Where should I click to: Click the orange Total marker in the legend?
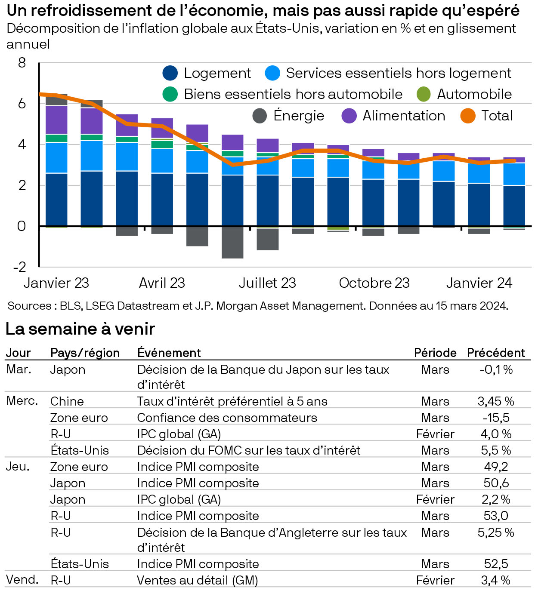point(468,116)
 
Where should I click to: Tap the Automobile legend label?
point(474,94)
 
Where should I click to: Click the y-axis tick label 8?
point(22,63)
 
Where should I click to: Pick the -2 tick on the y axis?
point(20,267)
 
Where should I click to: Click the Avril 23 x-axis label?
point(162,283)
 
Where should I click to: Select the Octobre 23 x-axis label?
point(374,283)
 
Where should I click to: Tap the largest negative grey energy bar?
point(232,243)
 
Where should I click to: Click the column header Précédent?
point(496,353)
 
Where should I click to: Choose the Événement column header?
point(169,353)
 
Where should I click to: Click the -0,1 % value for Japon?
point(496,370)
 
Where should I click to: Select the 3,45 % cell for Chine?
point(496,401)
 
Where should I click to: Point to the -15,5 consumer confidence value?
point(496,418)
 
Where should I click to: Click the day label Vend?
point(22,580)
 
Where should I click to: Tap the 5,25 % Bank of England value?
point(496,532)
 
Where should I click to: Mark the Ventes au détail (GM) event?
point(197,580)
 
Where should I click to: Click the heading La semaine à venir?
point(80,329)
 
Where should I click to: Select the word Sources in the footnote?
point(29,306)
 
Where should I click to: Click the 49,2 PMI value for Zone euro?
point(496,467)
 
